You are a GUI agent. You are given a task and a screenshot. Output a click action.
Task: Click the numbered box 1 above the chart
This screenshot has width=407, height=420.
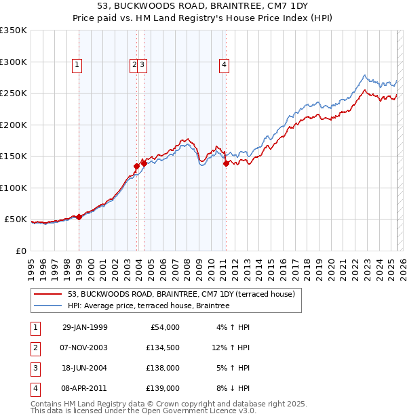[x=77, y=65]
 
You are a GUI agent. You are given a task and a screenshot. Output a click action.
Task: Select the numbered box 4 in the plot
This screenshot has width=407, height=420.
[x=224, y=65]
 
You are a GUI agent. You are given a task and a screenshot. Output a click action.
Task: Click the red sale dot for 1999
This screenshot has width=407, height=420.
[x=79, y=217]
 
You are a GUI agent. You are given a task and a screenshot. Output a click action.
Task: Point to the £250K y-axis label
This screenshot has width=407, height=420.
[x=14, y=93]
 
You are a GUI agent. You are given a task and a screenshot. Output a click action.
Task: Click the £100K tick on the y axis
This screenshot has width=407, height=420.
[x=14, y=188]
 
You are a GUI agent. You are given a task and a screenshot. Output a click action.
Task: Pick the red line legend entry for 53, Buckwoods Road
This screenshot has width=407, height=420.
[x=180, y=295]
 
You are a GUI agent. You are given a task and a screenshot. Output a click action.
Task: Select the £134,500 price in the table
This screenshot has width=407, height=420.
[x=163, y=348]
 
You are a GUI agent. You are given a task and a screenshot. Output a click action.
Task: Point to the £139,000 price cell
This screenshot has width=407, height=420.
[x=163, y=389]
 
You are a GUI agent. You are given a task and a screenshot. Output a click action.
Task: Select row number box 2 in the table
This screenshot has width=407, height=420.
[x=35, y=348]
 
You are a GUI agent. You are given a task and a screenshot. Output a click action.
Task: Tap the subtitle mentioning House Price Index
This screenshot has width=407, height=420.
[x=203, y=19]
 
